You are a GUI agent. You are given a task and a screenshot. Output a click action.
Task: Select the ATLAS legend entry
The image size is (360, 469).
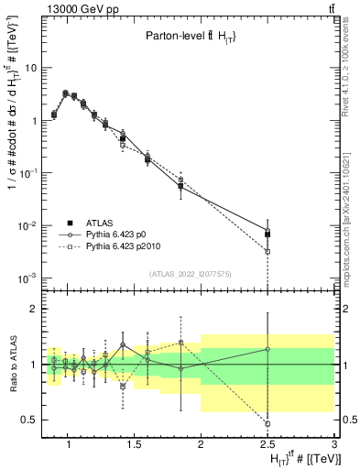pos(96,223)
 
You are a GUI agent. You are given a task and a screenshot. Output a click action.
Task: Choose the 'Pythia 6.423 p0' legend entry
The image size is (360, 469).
pos(114,234)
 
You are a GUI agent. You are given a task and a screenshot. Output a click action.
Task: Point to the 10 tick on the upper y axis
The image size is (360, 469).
pos(30,68)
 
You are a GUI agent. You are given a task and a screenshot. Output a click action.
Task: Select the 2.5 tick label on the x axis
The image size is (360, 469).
pos(267,445)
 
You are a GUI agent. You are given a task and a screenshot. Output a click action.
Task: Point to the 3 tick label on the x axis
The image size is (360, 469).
pos(334,445)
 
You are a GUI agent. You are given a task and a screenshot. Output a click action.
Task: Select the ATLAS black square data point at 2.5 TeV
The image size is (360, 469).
pos(267,234)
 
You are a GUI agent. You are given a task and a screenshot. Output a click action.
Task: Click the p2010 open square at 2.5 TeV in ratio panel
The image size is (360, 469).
pos(267,423)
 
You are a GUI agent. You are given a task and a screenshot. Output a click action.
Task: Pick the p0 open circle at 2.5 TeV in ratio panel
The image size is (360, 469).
pos(267,349)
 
